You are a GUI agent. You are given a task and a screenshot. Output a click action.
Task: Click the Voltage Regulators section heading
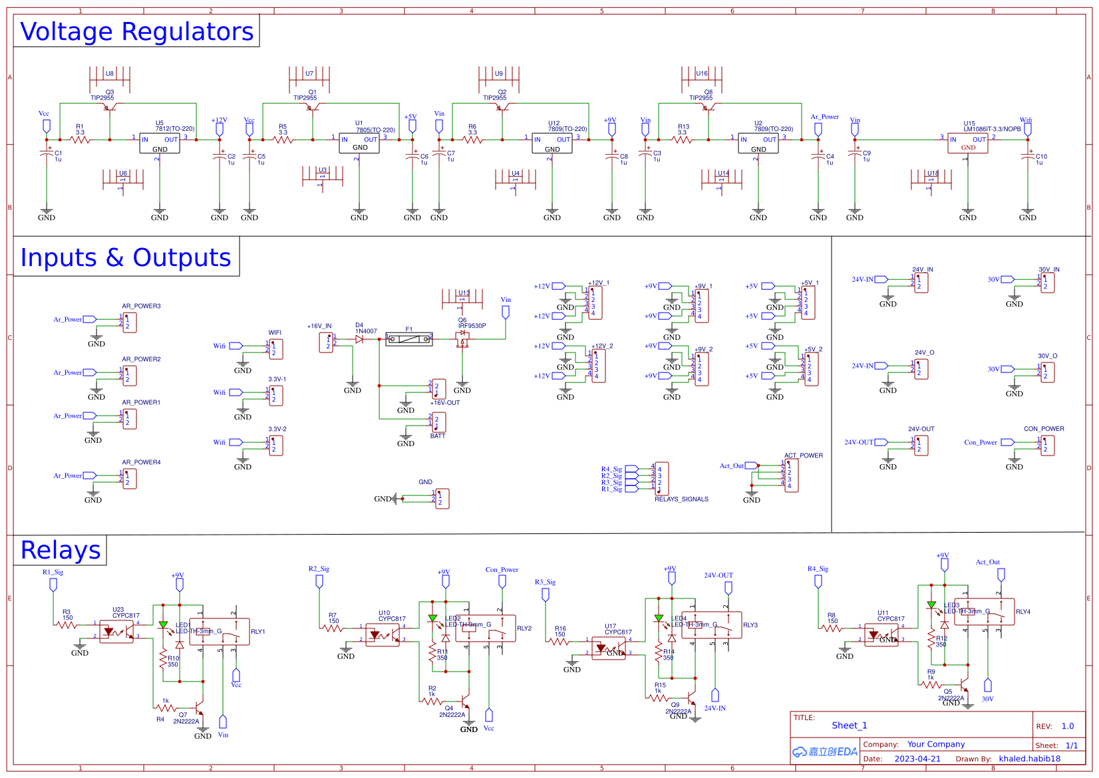(136, 31)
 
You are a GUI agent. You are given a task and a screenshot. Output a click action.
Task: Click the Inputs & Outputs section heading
(126, 257)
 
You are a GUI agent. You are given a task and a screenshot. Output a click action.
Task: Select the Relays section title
(61, 551)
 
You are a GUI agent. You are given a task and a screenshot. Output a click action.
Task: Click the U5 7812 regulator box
(160, 143)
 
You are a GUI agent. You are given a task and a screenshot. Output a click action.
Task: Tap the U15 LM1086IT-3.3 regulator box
(968, 143)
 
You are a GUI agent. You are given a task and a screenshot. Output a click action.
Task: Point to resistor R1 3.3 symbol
(80, 140)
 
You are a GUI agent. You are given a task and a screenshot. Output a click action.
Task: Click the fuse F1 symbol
(409, 339)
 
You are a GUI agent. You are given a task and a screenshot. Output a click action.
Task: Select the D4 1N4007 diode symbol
(359, 339)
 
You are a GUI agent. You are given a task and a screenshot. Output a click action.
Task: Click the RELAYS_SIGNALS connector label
(681, 499)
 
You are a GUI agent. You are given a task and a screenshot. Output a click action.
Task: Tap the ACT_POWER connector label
(803, 455)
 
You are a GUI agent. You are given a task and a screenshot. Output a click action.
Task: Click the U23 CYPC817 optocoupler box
(116, 632)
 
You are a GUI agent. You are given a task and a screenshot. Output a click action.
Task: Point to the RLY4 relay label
(1022, 612)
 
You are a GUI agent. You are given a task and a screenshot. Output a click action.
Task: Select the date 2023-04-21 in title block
(917, 759)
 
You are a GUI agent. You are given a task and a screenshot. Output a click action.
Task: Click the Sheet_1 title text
(850, 725)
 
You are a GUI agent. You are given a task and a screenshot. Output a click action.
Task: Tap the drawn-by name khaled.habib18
(1029, 759)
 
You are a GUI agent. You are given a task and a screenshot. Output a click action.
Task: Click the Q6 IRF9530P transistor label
(472, 326)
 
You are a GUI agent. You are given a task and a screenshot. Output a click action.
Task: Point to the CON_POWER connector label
(1044, 429)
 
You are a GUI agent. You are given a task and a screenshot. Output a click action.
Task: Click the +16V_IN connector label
(319, 326)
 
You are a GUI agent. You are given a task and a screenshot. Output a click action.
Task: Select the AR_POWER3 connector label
(141, 307)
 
